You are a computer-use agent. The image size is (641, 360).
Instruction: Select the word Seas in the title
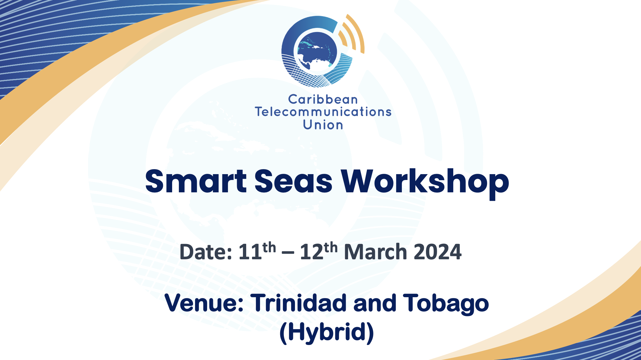click(293, 181)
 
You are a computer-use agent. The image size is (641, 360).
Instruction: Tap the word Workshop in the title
click(425, 184)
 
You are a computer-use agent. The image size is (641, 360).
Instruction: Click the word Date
click(206, 252)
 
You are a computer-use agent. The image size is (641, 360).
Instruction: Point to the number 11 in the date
click(250, 252)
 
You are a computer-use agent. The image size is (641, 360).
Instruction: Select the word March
click(375, 252)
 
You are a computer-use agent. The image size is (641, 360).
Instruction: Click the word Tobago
click(446, 304)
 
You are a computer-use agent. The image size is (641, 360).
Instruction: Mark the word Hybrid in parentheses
click(327, 332)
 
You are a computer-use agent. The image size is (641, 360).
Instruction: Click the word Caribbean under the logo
click(323, 100)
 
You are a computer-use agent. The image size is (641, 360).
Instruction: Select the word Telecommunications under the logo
click(323, 112)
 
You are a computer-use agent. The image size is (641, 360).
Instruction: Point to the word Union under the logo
click(323, 125)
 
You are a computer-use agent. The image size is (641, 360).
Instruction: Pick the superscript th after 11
click(269, 248)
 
